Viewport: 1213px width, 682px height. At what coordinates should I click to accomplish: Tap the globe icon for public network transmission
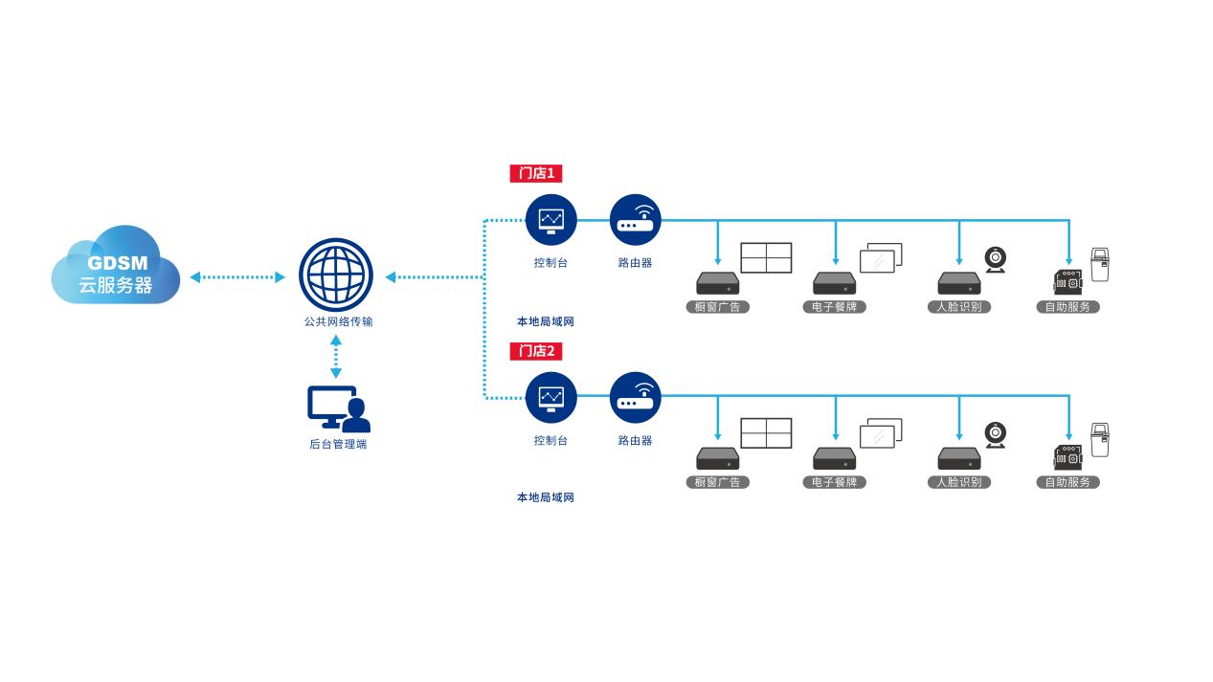tap(335, 275)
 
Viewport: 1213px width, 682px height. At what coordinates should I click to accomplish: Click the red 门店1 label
tap(535, 173)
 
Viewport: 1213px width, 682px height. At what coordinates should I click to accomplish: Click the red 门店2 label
tap(535, 351)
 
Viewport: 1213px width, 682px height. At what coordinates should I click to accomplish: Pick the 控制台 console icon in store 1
tap(551, 220)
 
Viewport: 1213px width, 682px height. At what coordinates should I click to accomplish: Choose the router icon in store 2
tap(635, 397)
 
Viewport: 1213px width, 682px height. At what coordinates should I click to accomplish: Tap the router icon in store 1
tap(635, 220)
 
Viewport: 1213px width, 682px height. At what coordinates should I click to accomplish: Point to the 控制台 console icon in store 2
tap(551, 397)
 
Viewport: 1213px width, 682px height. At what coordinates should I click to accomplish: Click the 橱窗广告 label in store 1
tap(718, 307)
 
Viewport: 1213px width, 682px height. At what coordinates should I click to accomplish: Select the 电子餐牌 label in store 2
tap(834, 482)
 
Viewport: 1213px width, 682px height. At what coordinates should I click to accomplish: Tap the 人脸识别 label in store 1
tap(958, 307)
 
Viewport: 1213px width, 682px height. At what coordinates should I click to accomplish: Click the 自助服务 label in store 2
tap(1067, 482)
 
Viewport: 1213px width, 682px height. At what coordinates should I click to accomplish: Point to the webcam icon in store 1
tap(996, 259)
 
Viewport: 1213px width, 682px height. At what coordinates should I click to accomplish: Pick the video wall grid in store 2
tap(766, 433)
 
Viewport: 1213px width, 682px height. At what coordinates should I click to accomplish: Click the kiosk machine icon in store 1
tap(1100, 265)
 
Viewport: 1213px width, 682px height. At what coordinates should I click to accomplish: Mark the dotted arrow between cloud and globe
tap(237, 277)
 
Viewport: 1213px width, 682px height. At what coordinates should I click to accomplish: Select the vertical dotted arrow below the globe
tap(336, 357)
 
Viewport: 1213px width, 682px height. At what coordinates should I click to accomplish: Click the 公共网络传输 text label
tap(338, 321)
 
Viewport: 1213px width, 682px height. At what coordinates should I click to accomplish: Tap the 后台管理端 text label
tap(338, 444)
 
